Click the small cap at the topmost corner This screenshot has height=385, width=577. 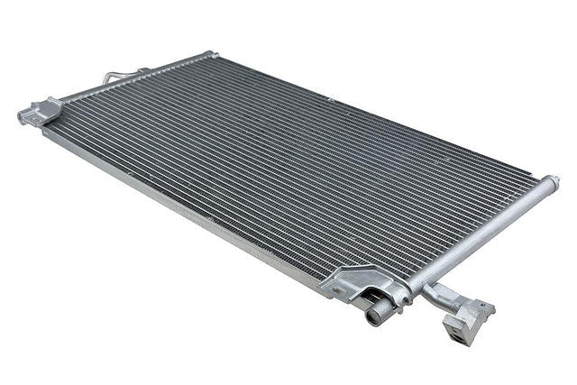(209, 54)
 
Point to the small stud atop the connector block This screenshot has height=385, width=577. (488, 305)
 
